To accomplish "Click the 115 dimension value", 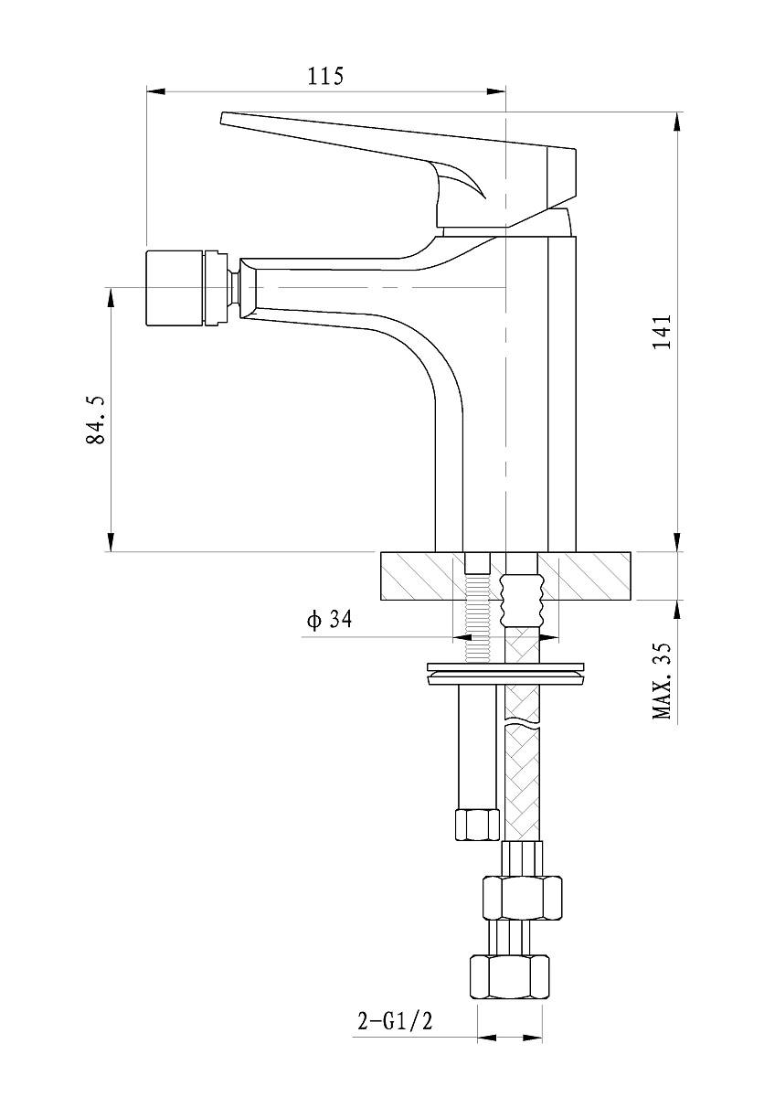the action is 325,76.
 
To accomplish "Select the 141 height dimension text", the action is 662,331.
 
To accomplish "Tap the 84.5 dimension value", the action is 95,420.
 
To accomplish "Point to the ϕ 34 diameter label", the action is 329,620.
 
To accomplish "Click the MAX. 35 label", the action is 662,681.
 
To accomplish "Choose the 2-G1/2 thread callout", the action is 395,1021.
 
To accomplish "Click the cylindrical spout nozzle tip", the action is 175,288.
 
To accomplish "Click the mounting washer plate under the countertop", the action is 505,674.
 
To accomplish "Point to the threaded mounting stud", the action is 477,618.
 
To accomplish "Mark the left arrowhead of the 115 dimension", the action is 155,91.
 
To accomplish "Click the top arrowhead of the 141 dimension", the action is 677,122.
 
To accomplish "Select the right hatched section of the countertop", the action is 584,576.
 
